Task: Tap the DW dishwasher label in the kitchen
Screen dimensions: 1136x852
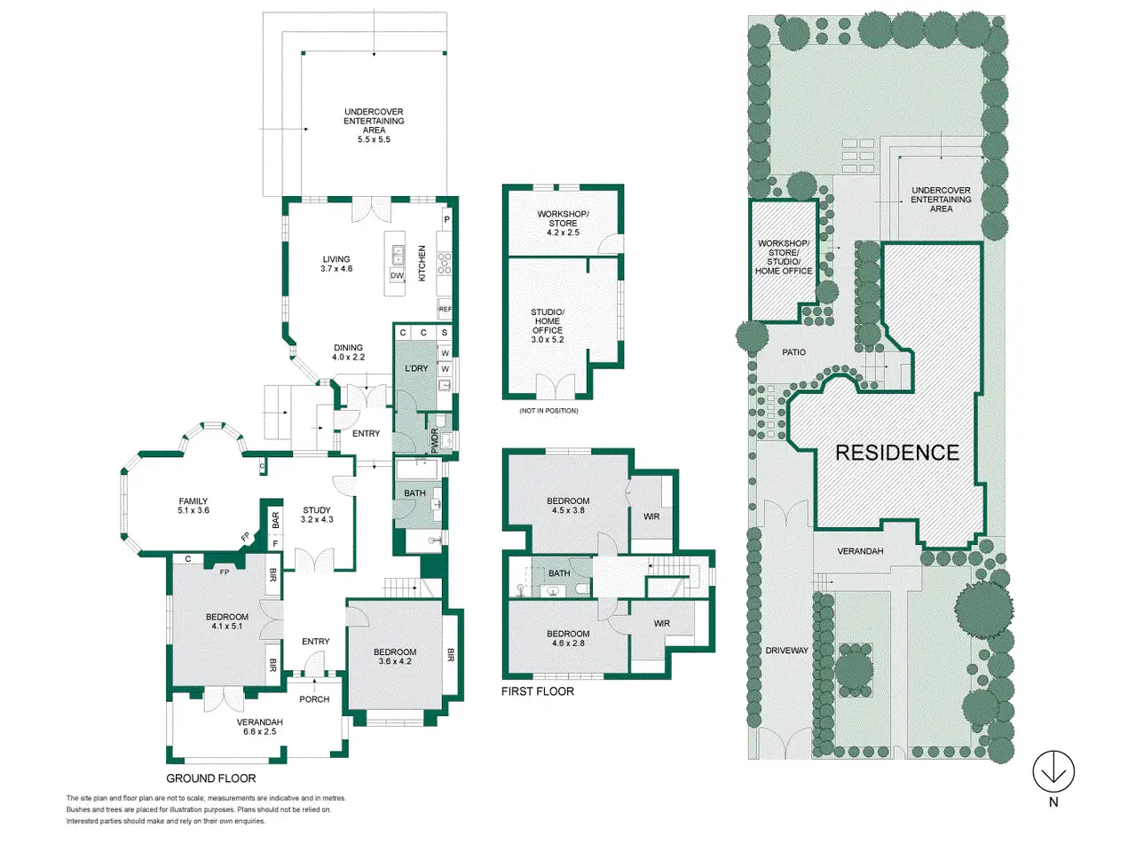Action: (x=397, y=276)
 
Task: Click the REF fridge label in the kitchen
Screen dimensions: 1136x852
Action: (x=446, y=310)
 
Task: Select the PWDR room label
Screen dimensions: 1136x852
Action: (x=434, y=441)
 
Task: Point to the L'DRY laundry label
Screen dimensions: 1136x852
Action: (x=416, y=368)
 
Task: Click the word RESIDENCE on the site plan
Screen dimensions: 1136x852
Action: (x=897, y=453)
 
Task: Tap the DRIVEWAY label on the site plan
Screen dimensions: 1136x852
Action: (x=786, y=651)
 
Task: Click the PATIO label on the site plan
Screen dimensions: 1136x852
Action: (x=793, y=352)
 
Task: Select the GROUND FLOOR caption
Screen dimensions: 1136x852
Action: (x=210, y=778)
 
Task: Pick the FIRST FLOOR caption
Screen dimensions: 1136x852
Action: (x=538, y=691)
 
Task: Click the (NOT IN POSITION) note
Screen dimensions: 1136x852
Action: (x=548, y=411)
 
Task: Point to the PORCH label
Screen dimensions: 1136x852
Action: (x=314, y=699)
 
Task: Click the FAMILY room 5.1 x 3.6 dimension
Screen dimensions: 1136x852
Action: (x=193, y=510)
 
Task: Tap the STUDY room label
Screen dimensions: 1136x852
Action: (x=316, y=510)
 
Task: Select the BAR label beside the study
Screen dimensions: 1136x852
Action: (x=275, y=520)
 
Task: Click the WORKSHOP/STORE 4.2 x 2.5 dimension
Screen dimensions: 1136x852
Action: (x=563, y=233)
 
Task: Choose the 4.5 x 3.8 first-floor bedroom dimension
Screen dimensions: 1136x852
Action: (x=568, y=510)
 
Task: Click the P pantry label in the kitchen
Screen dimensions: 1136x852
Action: (x=446, y=219)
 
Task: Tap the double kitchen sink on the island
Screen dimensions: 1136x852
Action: (x=398, y=255)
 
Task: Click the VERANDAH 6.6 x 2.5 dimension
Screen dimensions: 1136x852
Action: (x=259, y=731)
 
